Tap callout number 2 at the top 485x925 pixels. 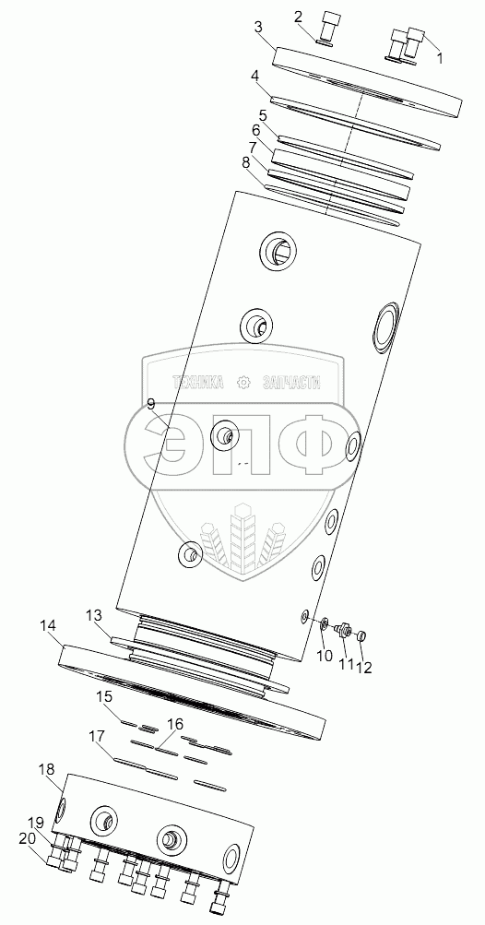(x=299, y=16)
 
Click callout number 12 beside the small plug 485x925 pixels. (x=365, y=667)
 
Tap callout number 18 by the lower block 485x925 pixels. (x=47, y=769)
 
